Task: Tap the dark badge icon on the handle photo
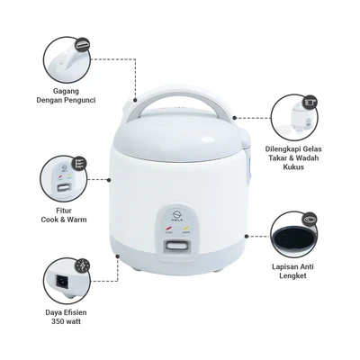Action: pyautogui.click(x=83, y=42)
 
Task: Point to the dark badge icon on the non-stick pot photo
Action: pyautogui.click(x=310, y=218)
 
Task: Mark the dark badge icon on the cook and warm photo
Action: pyautogui.click(x=78, y=164)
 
